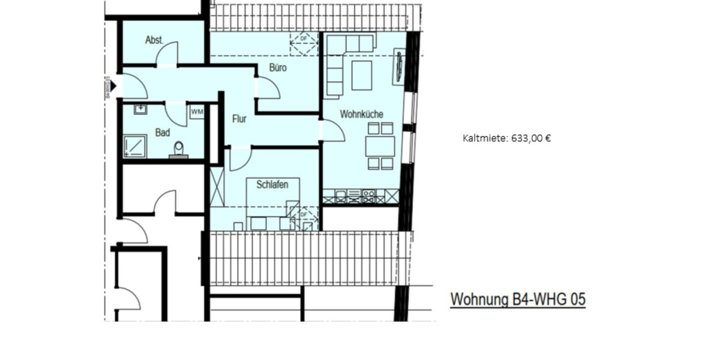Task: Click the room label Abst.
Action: click(x=154, y=40)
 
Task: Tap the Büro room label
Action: click(x=277, y=68)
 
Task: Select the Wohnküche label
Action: click(x=361, y=114)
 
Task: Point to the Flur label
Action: click(x=239, y=119)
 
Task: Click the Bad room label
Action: click(x=162, y=133)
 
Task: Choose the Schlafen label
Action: click(x=272, y=184)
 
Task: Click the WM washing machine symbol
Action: click(x=197, y=112)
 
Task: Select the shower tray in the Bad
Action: click(x=134, y=146)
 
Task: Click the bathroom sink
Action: click(x=140, y=109)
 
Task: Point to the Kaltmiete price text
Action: click(x=506, y=138)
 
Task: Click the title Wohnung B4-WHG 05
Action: click(x=517, y=299)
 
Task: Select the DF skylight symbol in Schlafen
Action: click(x=303, y=214)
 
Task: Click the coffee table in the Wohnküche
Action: click(x=361, y=75)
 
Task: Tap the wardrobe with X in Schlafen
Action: click(x=217, y=187)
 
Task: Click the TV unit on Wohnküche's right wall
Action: click(x=400, y=67)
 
